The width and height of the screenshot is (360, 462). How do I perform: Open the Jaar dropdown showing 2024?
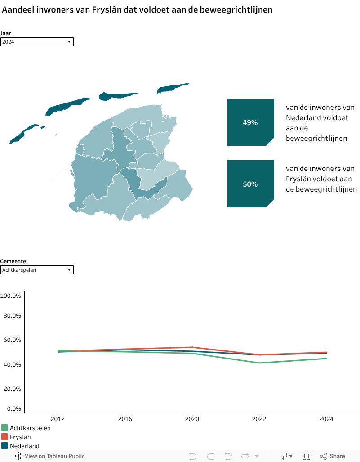[37, 42]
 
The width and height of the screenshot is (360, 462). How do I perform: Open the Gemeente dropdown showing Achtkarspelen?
[37, 270]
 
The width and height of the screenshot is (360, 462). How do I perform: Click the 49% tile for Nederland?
[250, 122]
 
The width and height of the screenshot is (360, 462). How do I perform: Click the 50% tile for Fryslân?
[250, 184]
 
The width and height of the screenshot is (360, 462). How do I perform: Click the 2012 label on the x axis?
[58, 419]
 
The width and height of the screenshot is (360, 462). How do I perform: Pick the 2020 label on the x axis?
[192, 419]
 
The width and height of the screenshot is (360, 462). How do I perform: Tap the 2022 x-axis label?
[259, 419]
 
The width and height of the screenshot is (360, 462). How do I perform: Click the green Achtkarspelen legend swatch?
[4, 428]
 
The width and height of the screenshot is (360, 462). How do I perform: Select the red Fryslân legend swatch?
[4, 437]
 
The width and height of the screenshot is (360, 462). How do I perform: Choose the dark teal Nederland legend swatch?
[4, 446]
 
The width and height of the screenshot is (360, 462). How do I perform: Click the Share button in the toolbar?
[333, 456]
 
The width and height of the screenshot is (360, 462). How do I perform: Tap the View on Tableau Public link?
[50, 456]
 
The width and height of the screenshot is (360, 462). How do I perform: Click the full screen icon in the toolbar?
[307, 456]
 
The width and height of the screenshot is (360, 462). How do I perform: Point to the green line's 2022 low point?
[259, 363]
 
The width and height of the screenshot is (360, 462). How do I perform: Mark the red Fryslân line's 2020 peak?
[192, 347]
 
